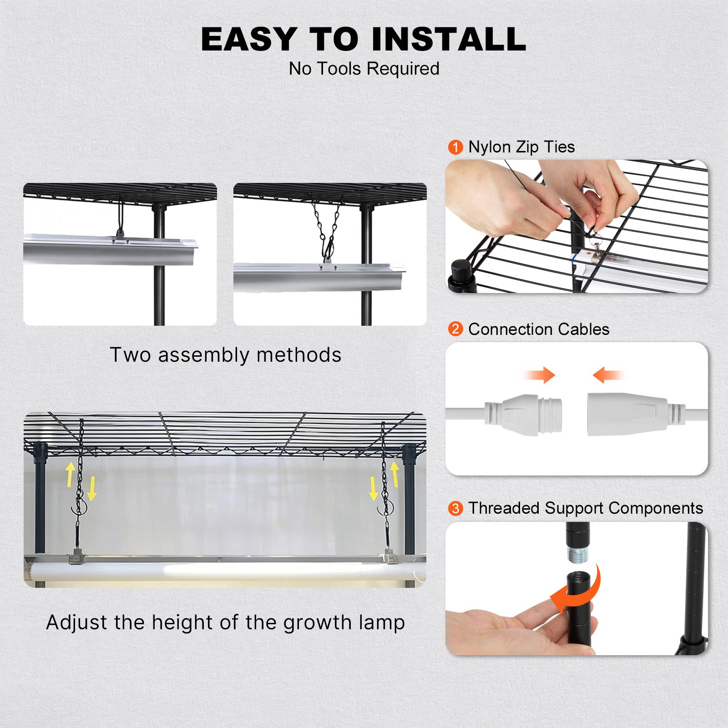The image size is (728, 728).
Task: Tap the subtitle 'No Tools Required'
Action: (364, 69)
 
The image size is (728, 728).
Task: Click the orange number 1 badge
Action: (455, 147)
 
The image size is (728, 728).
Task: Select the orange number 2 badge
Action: (455, 329)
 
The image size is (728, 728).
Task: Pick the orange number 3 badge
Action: (455, 508)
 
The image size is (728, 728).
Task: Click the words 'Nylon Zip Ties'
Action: (521, 147)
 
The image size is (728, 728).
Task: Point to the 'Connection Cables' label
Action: (539, 329)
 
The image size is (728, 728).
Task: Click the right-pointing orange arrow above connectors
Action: (540, 375)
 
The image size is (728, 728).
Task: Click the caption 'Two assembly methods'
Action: (226, 355)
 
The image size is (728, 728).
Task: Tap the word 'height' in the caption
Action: (182, 622)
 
